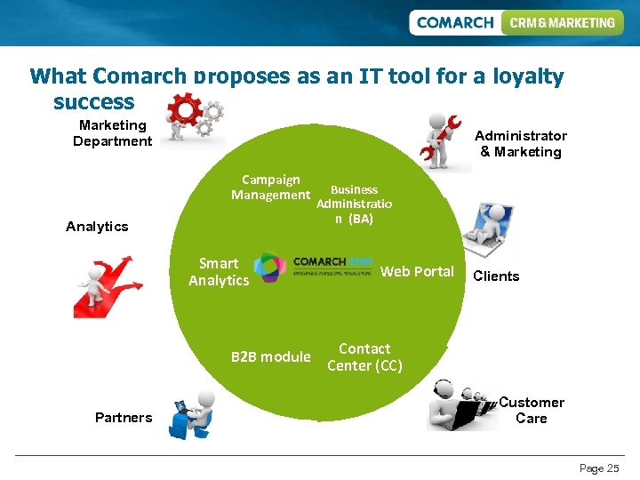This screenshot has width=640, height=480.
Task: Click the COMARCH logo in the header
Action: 454,22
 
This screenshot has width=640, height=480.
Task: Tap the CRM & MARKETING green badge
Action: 562,22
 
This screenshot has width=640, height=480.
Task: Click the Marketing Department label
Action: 113,133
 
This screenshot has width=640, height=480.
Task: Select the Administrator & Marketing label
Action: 521,144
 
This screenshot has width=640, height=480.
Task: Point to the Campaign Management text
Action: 271,188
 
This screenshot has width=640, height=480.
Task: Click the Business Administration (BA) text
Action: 354,204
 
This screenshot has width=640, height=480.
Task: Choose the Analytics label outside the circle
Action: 97,227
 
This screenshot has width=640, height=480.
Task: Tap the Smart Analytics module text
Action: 219,271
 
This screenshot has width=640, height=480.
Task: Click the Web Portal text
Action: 417,271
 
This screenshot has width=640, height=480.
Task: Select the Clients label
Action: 496,276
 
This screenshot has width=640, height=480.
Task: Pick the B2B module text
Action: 271,356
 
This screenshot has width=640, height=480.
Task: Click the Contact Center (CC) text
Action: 364,357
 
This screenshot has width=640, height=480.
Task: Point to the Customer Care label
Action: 532,410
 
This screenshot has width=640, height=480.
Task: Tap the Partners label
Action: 124,418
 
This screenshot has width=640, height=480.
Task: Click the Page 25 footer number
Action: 599,468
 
